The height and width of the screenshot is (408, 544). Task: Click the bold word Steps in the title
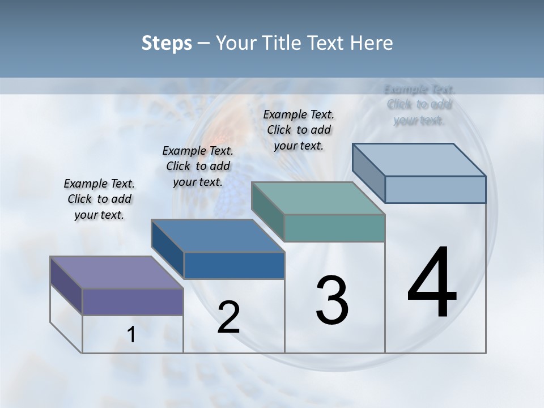tap(167, 43)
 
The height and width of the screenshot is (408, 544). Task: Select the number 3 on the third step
tap(332, 300)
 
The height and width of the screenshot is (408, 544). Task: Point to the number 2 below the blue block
tap(228, 317)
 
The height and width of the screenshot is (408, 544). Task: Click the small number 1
tap(131, 335)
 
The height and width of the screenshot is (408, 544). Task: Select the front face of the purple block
tap(133, 301)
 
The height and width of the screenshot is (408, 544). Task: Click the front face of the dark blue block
tap(234, 265)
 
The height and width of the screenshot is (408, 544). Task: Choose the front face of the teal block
tap(334, 228)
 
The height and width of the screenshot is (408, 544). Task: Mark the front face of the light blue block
tap(435, 189)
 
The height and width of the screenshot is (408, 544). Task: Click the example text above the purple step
tap(99, 199)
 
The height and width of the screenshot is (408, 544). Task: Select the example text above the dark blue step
tap(198, 166)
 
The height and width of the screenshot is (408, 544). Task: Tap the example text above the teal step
tap(299, 130)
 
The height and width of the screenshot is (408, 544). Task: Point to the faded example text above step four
tap(419, 105)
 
